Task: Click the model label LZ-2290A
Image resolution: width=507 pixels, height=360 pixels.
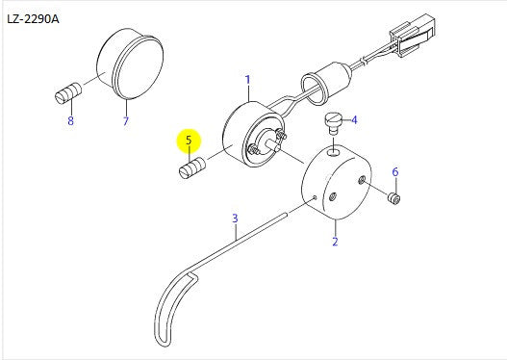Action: (33, 19)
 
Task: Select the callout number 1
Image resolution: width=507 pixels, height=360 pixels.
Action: (247, 80)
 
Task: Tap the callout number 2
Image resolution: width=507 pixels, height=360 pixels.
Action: (335, 242)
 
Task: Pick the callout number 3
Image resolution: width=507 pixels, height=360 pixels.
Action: (235, 219)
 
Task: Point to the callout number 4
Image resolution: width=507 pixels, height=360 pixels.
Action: (354, 120)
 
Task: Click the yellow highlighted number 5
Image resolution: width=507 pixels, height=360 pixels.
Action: (189, 141)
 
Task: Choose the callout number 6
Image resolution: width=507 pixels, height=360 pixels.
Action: (395, 171)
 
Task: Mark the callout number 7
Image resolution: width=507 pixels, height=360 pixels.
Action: (126, 121)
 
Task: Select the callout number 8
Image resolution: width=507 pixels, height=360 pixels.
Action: (70, 121)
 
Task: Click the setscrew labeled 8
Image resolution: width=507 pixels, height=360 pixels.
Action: (68, 93)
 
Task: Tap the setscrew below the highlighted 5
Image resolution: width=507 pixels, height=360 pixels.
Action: (192, 167)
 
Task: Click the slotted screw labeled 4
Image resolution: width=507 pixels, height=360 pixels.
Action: (332, 122)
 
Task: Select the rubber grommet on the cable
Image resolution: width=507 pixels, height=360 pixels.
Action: (325, 83)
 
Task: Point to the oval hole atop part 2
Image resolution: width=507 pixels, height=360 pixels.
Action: (334, 151)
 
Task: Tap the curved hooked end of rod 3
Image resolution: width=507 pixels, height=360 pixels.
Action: (171, 309)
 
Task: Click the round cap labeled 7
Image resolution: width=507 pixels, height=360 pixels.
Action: (130, 64)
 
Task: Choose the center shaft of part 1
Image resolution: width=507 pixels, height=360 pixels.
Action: (273, 144)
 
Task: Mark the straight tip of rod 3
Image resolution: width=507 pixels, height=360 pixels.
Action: (285, 214)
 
